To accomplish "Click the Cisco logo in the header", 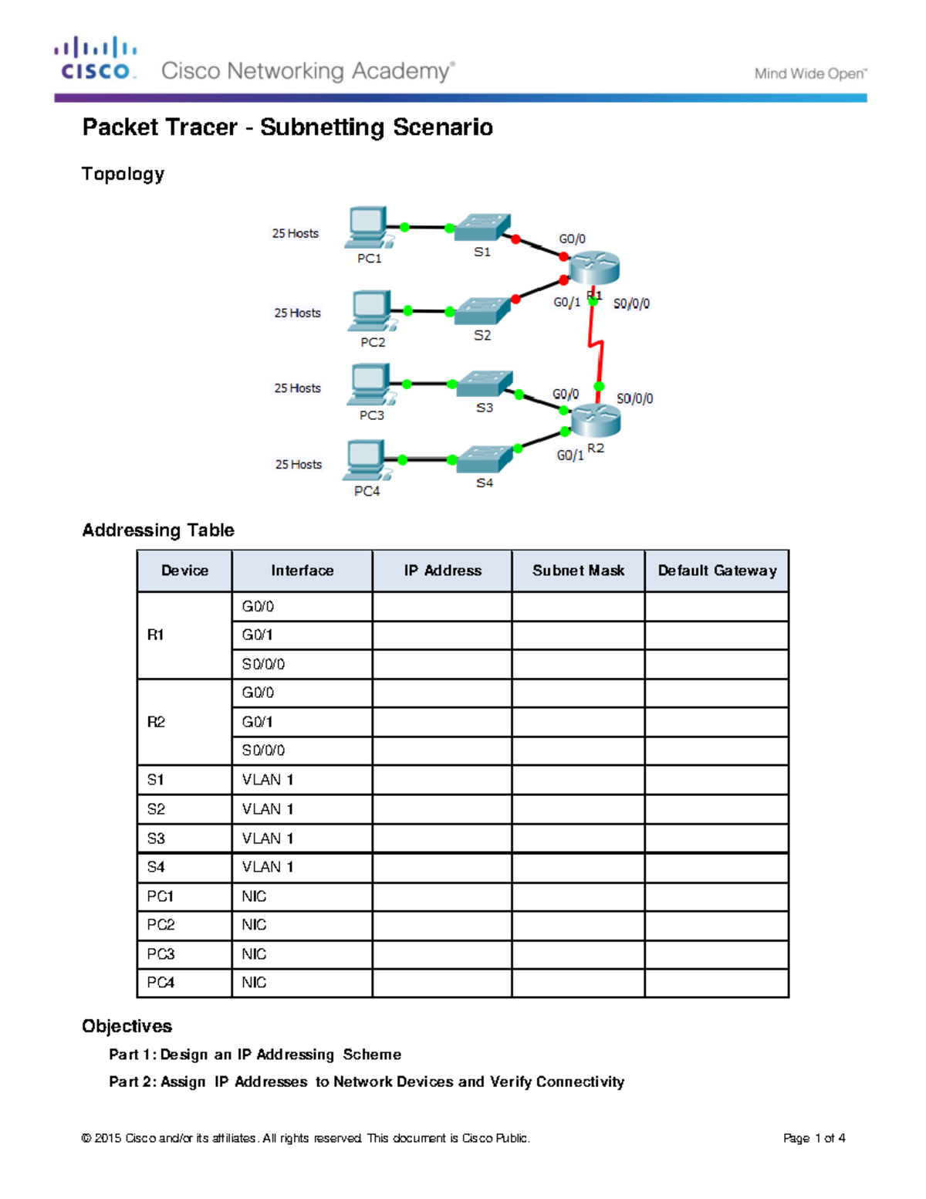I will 96,59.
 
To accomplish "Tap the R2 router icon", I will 595,419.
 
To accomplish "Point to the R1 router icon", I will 594,268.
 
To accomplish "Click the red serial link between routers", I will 596,345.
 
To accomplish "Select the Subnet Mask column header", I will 578,571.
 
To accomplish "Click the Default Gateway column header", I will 717,571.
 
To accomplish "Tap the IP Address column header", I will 442,571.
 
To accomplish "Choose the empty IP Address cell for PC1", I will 442,896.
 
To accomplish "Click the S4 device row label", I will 156,867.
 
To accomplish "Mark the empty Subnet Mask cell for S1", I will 578,780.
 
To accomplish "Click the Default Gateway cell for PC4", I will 717,983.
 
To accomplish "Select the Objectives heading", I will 127,1026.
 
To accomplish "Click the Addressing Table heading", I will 158,530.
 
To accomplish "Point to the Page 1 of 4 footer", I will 814,1138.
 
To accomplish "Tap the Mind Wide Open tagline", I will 810,74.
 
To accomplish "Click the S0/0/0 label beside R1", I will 631,304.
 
